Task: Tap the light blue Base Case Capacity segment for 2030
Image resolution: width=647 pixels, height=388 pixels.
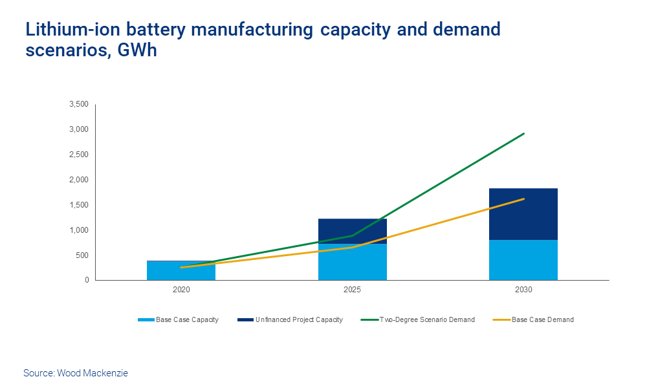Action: tap(523, 261)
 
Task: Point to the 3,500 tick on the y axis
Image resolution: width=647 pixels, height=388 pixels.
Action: tap(78, 104)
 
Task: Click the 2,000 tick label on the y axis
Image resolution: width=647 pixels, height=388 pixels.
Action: tap(78, 180)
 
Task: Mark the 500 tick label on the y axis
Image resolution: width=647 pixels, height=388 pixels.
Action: tap(82, 255)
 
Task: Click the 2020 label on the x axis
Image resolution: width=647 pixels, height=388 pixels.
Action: tap(181, 290)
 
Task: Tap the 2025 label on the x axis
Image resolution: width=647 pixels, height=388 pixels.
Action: tap(353, 290)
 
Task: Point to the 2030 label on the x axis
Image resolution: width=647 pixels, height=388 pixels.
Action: tap(523, 290)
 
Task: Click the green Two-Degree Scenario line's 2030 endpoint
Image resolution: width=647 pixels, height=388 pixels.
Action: tap(523, 134)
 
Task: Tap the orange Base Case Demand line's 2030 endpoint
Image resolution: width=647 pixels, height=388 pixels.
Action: tap(523, 199)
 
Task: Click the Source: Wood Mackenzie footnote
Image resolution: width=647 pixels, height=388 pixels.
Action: tap(75, 373)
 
